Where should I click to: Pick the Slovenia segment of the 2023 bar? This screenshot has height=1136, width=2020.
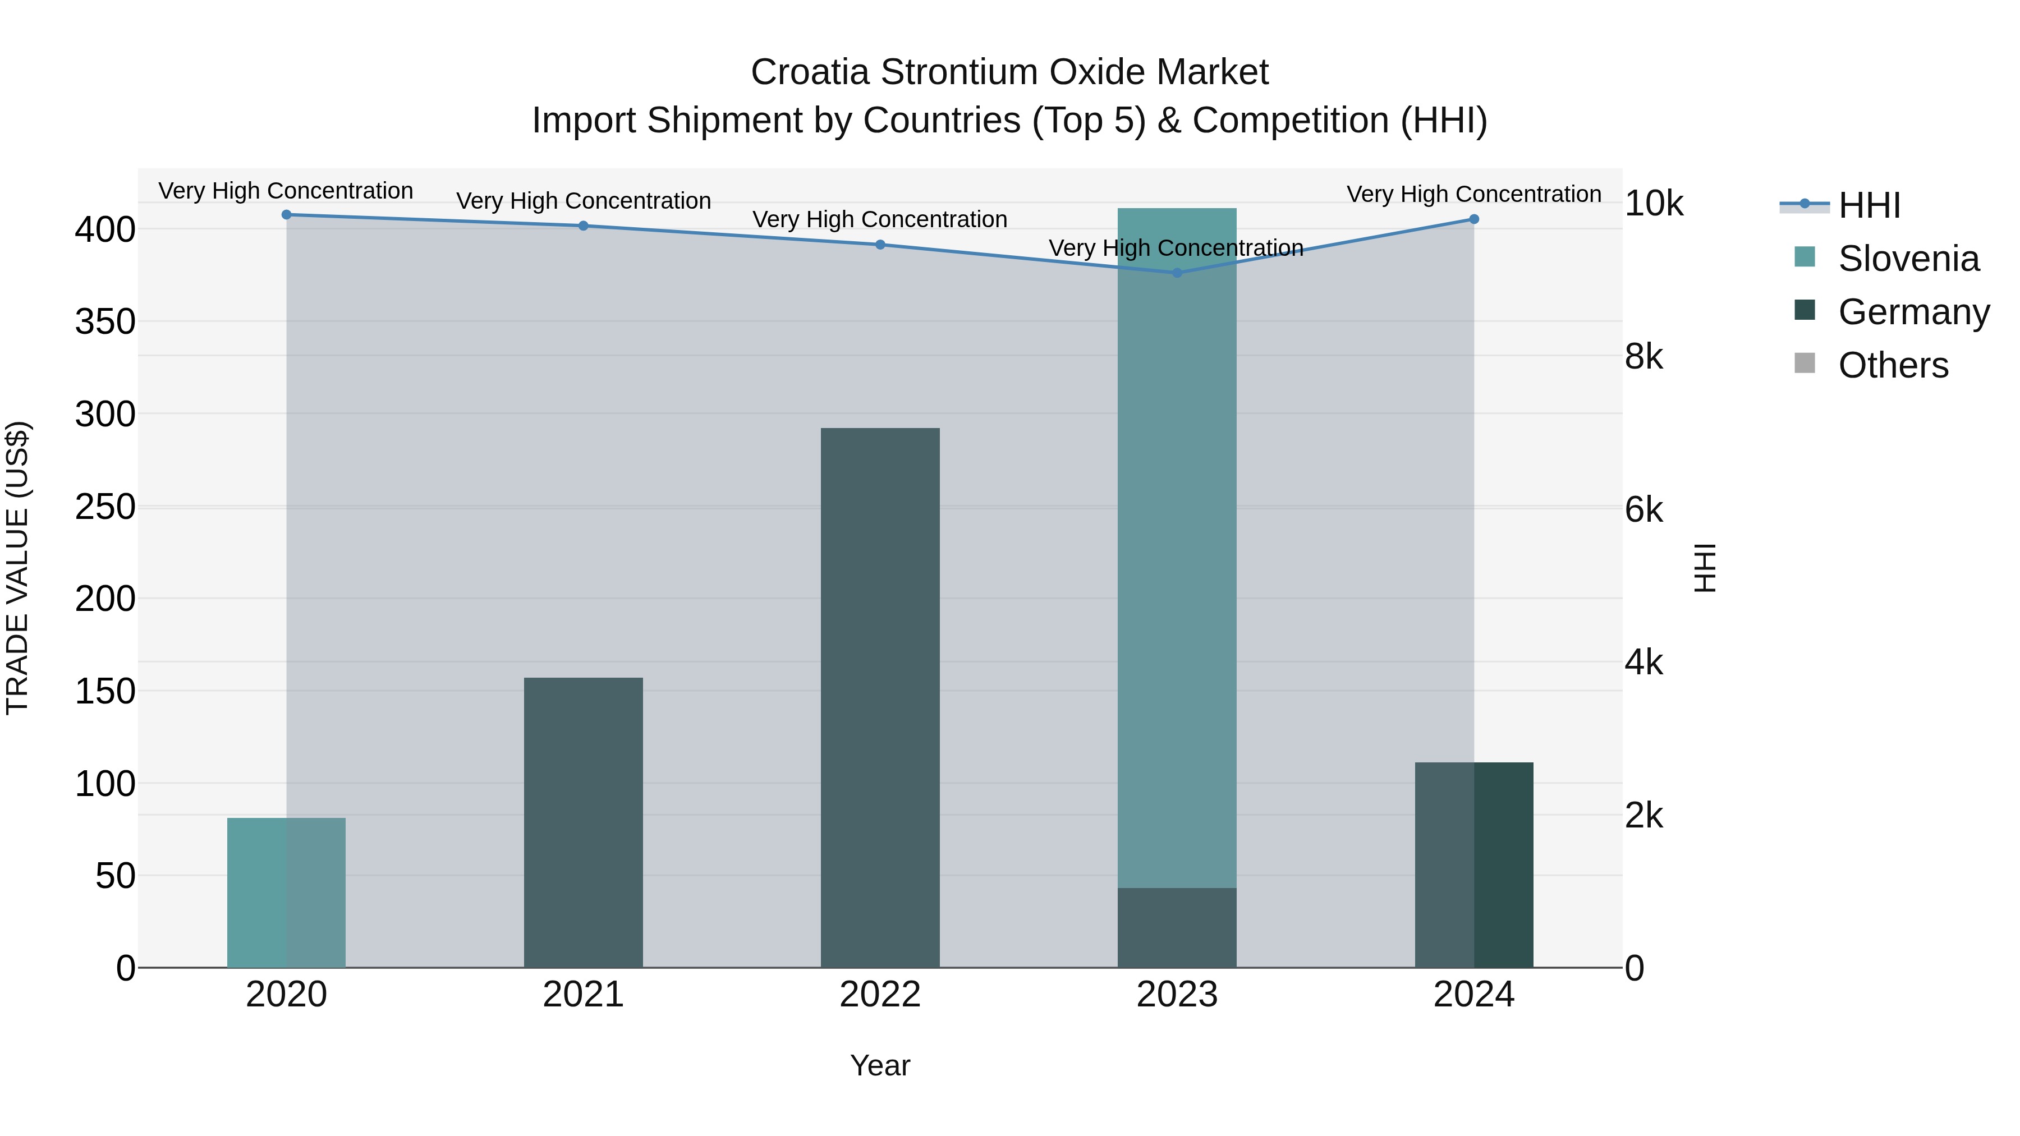[x=1176, y=549]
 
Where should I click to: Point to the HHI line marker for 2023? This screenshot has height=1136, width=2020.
[x=1176, y=273]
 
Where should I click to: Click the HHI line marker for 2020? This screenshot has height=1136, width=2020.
[x=286, y=215]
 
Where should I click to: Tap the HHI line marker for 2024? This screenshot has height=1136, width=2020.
[x=1473, y=219]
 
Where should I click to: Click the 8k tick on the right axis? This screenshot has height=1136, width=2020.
[x=1643, y=357]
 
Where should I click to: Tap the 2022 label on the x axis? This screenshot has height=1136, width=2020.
[x=880, y=995]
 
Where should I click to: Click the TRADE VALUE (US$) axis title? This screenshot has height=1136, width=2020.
[x=17, y=568]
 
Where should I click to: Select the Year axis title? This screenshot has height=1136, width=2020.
[x=880, y=1065]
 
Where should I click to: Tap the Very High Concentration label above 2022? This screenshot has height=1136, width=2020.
[x=880, y=219]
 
